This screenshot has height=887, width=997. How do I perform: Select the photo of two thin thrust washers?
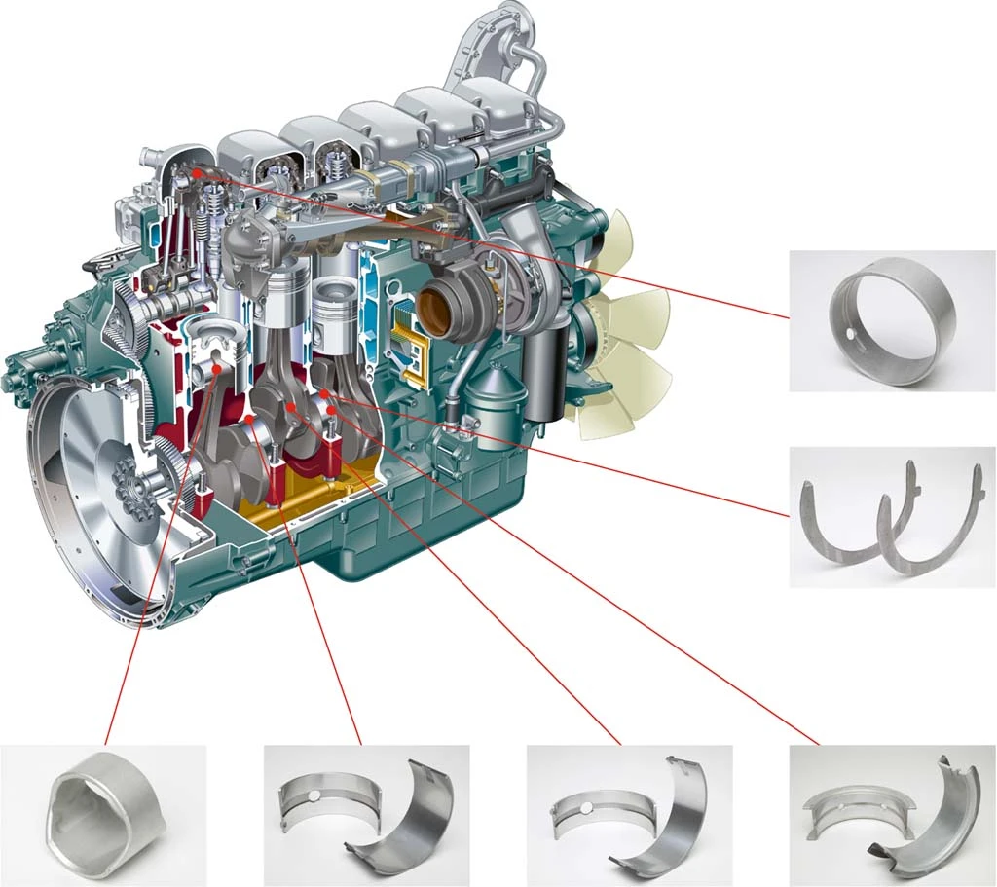point(891,516)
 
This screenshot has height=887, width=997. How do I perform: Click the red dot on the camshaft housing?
point(198,172)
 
